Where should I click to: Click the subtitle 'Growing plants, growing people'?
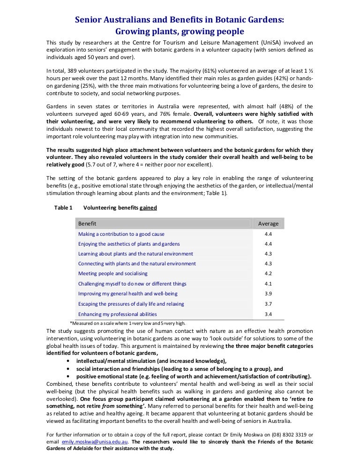pyautogui.click(x=180, y=32)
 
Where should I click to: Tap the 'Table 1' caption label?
pyautogui.click(x=63, y=208)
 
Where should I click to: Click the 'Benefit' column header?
pyautogui.click(x=87, y=224)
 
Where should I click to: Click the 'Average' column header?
pyautogui.click(x=268, y=224)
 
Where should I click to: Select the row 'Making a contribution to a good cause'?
pyautogui.click(x=121, y=234)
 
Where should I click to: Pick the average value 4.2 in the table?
pyautogui.click(x=268, y=273)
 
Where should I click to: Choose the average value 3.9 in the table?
pyautogui.click(x=268, y=293)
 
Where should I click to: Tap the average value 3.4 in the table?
pyautogui.click(x=268, y=314)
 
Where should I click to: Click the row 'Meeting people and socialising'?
pyautogui.click(x=113, y=273)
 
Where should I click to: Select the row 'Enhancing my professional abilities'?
pyautogui.click(x=118, y=314)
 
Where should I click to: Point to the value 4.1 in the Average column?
pyautogui.click(x=268, y=284)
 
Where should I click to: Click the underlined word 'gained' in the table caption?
pyautogui.click(x=149, y=208)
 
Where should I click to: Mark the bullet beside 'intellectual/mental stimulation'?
pyautogui.click(x=69, y=361)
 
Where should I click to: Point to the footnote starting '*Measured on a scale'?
pyautogui.click(x=127, y=323)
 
